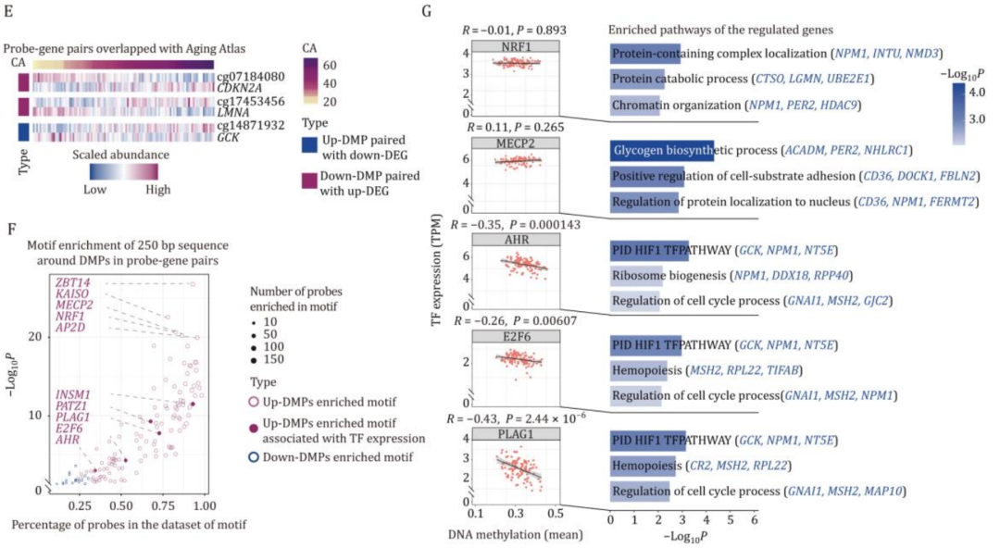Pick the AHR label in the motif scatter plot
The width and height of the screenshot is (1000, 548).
67,441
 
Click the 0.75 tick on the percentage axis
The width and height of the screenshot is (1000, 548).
162,506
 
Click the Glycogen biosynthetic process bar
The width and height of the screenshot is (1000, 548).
661,150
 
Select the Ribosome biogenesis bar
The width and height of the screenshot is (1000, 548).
635,275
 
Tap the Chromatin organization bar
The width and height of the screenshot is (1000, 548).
634,106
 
